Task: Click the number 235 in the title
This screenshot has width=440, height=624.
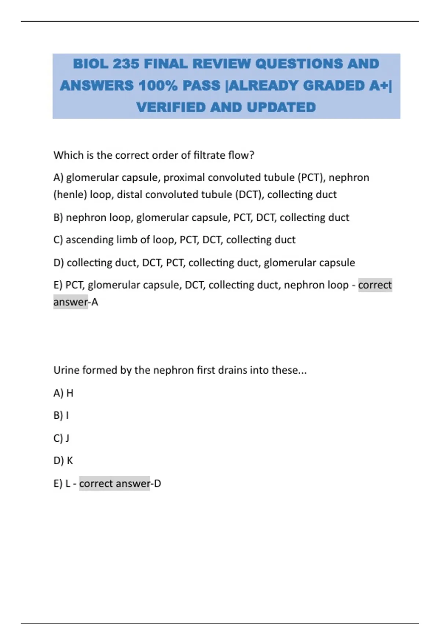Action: point(126,64)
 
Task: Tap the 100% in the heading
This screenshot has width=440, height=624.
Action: point(158,86)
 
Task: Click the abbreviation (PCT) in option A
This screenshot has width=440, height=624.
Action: point(311,178)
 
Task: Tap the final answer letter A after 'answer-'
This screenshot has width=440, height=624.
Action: point(95,302)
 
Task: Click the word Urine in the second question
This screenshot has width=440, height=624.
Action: point(66,370)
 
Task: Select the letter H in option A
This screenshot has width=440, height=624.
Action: point(70,393)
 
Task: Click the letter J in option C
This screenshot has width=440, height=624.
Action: point(67,438)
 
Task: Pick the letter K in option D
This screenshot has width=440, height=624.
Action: point(70,461)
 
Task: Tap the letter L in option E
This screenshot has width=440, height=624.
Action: point(68,484)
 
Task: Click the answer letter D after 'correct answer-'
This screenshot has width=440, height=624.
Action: point(157,484)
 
